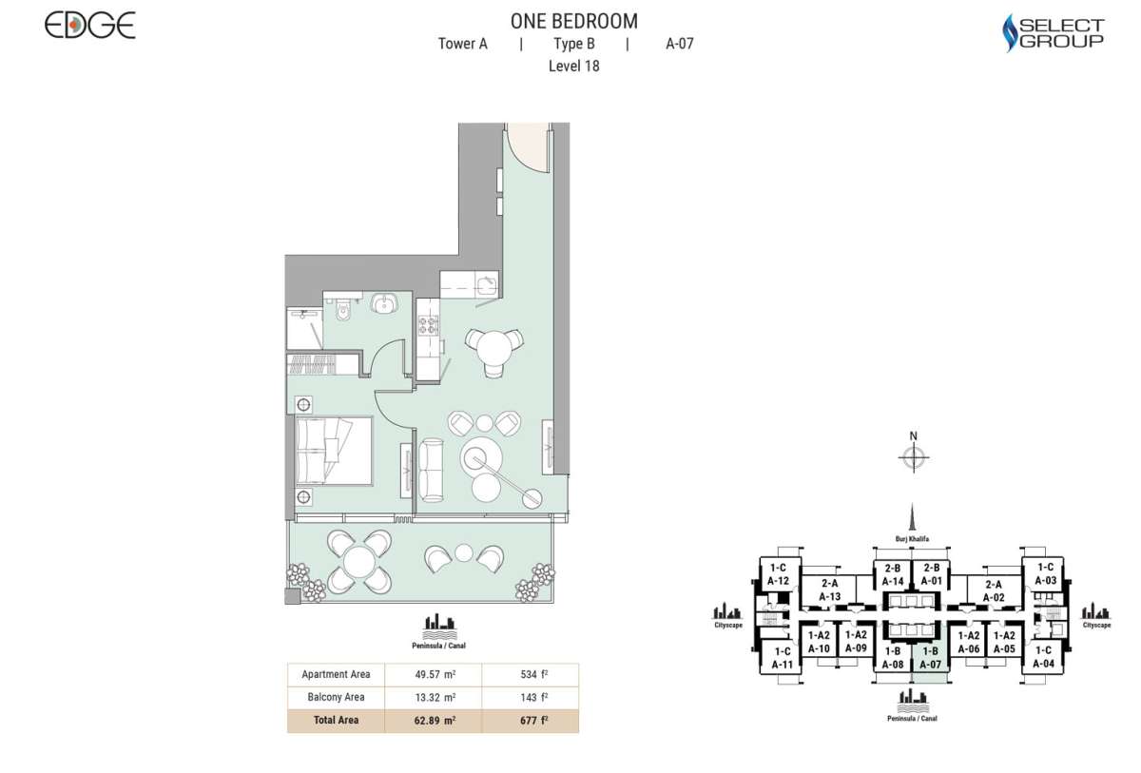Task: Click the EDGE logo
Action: (x=90, y=26)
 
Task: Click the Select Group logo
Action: (x=1054, y=33)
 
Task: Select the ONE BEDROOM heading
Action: (x=573, y=21)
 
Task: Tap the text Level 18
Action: (x=573, y=67)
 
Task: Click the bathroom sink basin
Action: (x=387, y=303)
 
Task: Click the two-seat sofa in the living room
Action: (x=432, y=470)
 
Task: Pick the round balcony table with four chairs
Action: (x=359, y=562)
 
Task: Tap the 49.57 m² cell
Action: (x=433, y=675)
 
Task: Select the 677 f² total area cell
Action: (x=530, y=721)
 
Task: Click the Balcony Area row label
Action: (x=336, y=698)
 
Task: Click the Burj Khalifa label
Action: (x=911, y=538)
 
